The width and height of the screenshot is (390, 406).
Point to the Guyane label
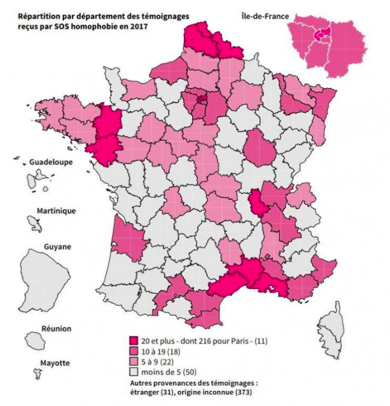click(58, 246)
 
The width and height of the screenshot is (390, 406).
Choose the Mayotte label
click(55, 363)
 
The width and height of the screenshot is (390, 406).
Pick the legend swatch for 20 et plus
click(134, 341)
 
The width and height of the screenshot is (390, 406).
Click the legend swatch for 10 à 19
click(134, 351)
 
